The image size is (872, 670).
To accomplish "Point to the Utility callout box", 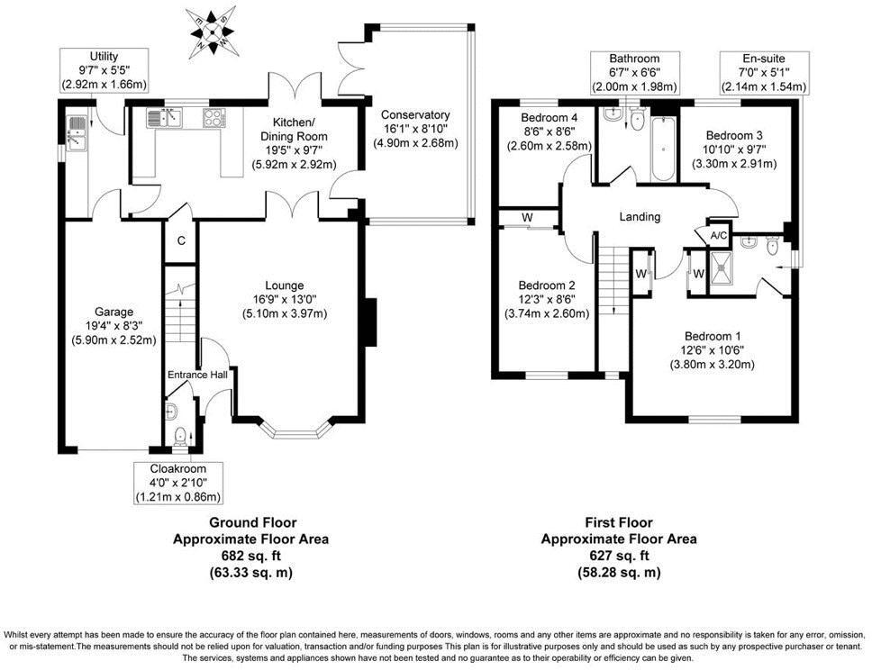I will [103, 71].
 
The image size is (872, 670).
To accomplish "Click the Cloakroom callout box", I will [178, 483].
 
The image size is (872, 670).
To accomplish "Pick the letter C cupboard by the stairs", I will [180, 240].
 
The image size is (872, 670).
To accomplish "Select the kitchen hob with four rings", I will [214, 117].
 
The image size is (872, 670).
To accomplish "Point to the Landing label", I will [640, 217].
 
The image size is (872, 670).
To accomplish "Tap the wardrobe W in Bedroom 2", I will [526, 217].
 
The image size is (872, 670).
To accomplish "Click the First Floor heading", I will [618, 522].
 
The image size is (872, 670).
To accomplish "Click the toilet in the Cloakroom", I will [180, 437].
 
